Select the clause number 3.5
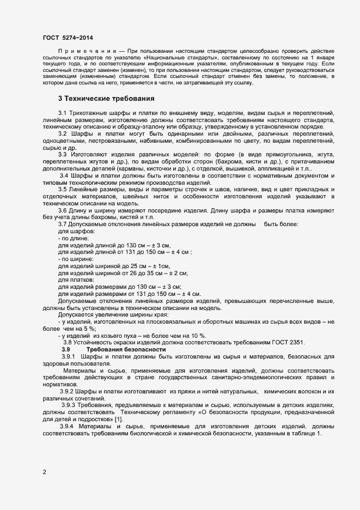(x=62, y=204)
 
